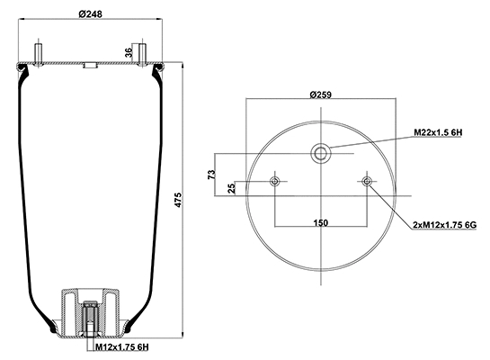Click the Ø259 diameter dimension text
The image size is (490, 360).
[x=321, y=94]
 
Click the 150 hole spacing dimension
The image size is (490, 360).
[x=321, y=222]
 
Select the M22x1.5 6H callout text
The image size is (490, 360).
[x=438, y=132]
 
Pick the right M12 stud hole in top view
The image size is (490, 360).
[x=367, y=183]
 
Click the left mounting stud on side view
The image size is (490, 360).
[x=39, y=51]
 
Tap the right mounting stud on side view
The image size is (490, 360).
[x=141, y=51]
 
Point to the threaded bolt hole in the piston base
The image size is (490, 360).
[x=90, y=319]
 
